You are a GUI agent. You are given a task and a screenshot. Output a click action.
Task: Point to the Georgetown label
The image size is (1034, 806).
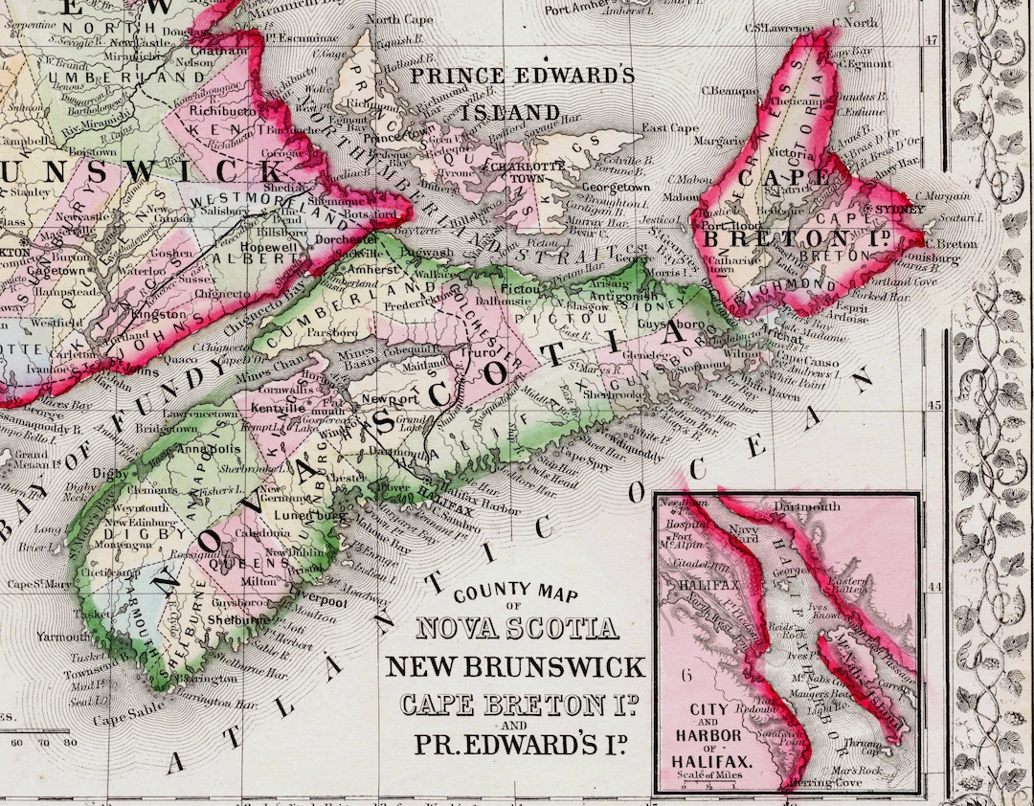(617, 188)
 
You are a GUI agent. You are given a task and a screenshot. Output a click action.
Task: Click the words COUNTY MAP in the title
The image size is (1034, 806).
(516, 595)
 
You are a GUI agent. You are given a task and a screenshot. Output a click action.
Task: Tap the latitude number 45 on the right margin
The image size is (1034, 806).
(933, 405)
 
